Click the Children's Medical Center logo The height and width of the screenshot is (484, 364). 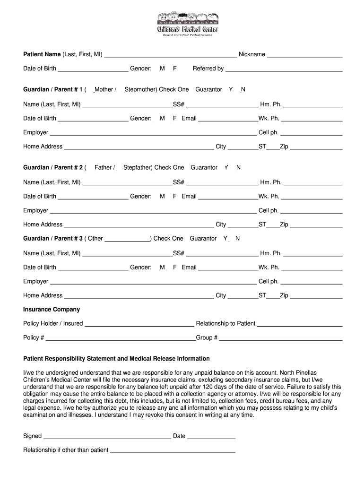[x=187, y=24]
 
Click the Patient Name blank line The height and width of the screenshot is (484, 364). [x=170, y=55]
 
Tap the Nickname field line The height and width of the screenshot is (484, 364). [x=304, y=55]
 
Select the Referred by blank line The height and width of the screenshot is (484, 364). [x=284, y=69]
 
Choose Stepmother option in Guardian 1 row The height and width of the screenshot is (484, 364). [x=140, y=89]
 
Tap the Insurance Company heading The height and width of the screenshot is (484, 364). [x=52, y=309]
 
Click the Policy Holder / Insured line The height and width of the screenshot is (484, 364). [x=139, y=325]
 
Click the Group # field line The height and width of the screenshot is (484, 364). [x=281, y=339]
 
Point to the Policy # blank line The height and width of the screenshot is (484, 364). [x=121, y=339]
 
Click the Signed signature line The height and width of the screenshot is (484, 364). [x=107, y=437]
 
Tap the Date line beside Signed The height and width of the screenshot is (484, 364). [x=211, y=437]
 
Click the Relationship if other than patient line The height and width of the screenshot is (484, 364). [x=173, y=451]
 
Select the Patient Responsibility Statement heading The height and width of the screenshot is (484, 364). [x=116, y=359]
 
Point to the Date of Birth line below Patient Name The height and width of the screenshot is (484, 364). [x=93, y=69]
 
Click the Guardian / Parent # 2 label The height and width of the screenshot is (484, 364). [x=53, y=167]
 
